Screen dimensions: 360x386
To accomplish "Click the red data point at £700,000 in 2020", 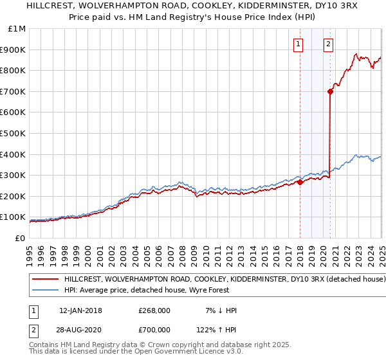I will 330,91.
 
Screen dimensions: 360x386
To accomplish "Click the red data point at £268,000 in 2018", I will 300,182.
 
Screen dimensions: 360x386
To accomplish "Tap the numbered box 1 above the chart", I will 299,44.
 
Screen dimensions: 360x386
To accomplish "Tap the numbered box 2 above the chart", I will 328,44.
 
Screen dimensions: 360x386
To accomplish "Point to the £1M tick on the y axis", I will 18,29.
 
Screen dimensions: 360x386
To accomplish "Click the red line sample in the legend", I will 46,280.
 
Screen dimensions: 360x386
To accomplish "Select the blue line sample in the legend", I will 46,290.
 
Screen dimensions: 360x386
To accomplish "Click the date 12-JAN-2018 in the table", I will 80,310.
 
